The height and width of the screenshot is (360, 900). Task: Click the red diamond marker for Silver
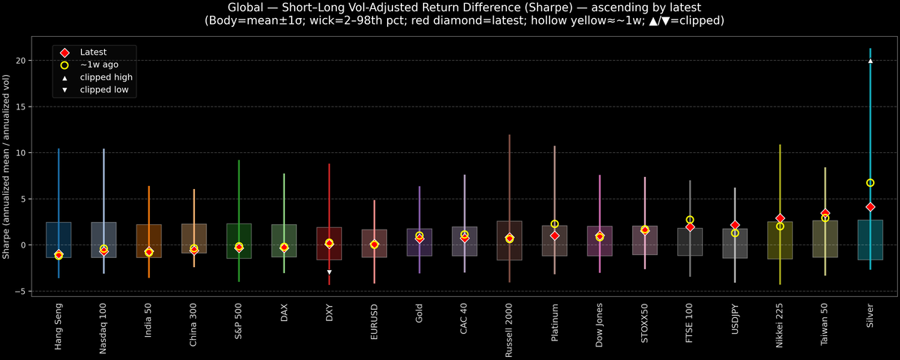870,207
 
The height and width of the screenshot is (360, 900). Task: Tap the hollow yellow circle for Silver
870,183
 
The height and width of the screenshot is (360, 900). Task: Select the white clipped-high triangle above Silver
870,61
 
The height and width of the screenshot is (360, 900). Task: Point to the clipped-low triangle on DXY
329,271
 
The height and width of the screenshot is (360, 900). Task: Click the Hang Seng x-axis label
58,327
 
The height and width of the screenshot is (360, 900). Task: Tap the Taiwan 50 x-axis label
825,325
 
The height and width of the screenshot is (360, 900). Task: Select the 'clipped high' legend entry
106,77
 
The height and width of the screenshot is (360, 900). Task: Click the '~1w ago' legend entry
99,64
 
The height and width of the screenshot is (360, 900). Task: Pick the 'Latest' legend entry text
93,52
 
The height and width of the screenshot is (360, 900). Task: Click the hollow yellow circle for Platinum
554,224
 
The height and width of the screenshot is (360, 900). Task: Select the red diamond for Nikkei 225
780,218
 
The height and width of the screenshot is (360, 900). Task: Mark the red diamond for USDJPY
735,225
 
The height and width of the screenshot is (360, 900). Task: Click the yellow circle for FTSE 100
690,220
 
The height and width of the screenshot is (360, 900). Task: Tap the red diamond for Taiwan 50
825,214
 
